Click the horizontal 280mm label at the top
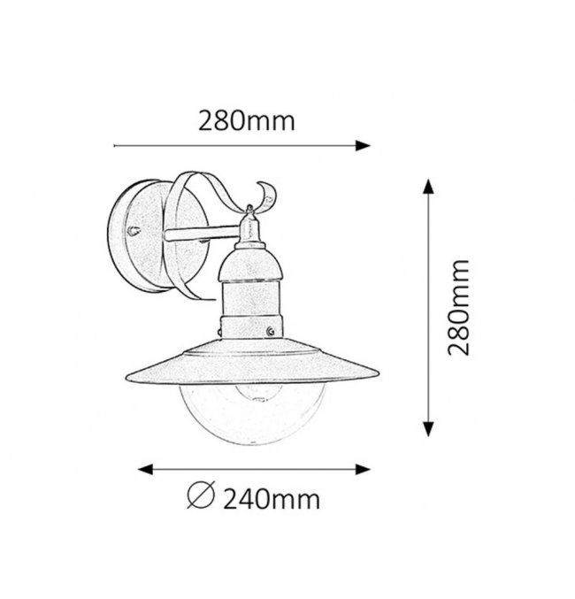click(247, 120)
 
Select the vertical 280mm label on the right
click(458, 308)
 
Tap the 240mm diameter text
click(272, 499)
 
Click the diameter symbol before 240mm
click(202, 495)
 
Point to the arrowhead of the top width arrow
click(363, 146)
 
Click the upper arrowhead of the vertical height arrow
click(428, 187)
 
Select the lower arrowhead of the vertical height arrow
click(428, 428)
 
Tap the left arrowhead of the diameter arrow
click(145, 470)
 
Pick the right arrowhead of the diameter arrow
click(363, 470)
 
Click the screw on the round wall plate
click(134, 231)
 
